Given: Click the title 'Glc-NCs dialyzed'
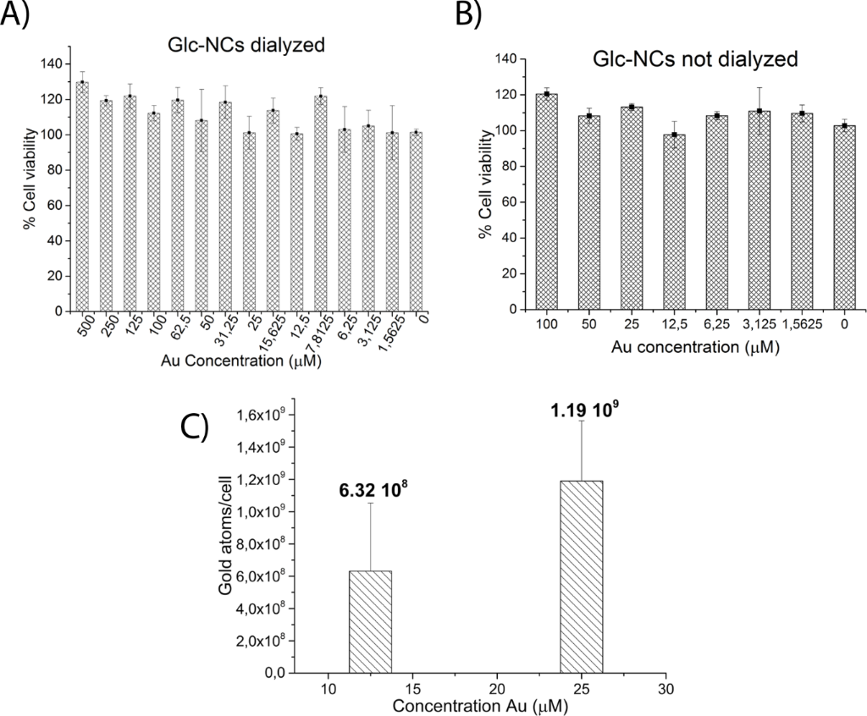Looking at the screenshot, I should pos(246,45).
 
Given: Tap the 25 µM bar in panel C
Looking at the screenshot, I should pos(581,577).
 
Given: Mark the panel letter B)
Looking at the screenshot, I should pos(472,15).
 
